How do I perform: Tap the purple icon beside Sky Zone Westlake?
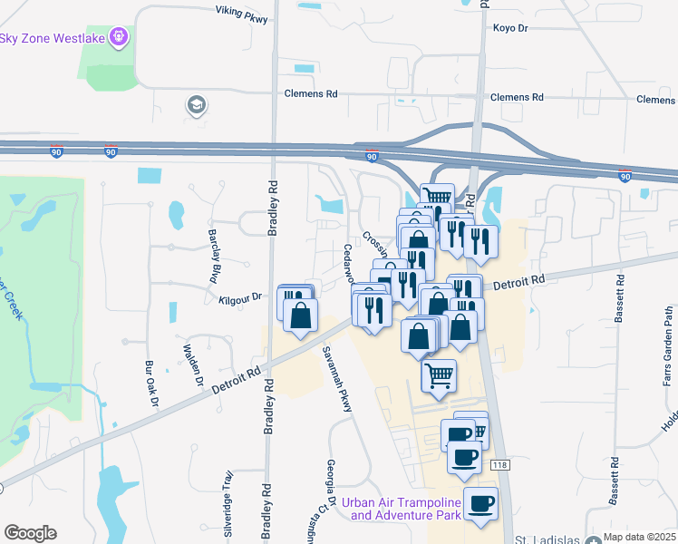(x=117, y=37)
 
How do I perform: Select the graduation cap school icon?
(x=195, y=105)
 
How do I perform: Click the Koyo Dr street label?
(x=509, y=28)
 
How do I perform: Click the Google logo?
(x=30, y=533)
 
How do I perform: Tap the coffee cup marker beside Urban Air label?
(x=479, y=504)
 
